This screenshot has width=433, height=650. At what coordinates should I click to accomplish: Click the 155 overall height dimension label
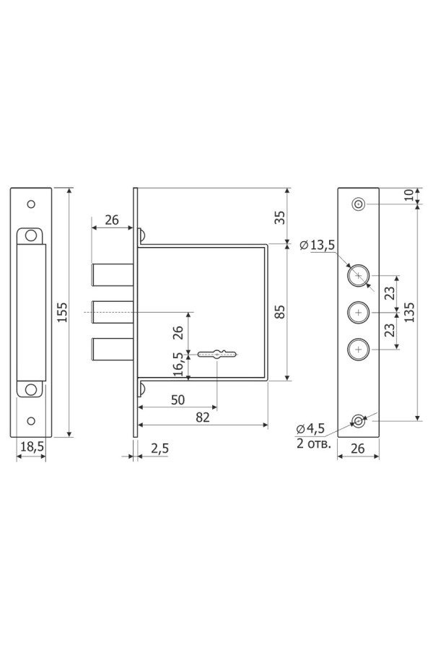point(62,312)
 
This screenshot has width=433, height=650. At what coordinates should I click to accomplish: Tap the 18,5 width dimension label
point(32,446)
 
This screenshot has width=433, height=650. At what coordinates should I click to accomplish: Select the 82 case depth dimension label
point(203,417)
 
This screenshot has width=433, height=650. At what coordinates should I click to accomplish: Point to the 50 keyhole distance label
point(178,399)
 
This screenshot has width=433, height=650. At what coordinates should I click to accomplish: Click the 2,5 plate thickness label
point(159,448)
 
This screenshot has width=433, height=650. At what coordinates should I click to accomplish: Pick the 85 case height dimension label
point(280,312)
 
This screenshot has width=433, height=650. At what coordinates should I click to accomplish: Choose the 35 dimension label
point(280,217)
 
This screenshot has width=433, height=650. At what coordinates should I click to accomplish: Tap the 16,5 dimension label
point(178,364)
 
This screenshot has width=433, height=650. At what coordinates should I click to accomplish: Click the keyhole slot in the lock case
point(217,354)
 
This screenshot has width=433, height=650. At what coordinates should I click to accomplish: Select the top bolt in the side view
point(113,275)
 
